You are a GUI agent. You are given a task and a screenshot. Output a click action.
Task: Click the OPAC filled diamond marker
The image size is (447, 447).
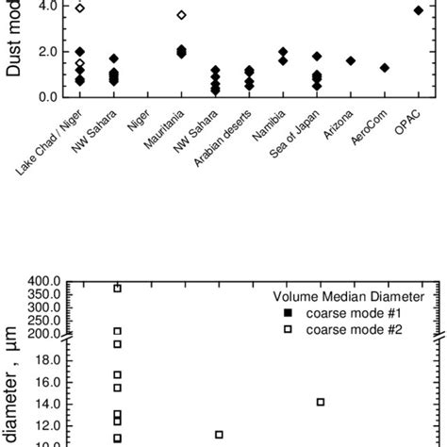[419, 10]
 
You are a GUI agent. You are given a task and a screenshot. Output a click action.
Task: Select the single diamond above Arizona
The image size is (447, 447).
[351, 60]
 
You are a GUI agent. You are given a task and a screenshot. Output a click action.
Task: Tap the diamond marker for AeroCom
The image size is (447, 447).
[385, 68]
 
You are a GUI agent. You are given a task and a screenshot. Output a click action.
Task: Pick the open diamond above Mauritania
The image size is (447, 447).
[181, 15]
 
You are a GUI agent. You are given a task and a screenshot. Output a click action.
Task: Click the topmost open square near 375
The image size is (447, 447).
[118, 289]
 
